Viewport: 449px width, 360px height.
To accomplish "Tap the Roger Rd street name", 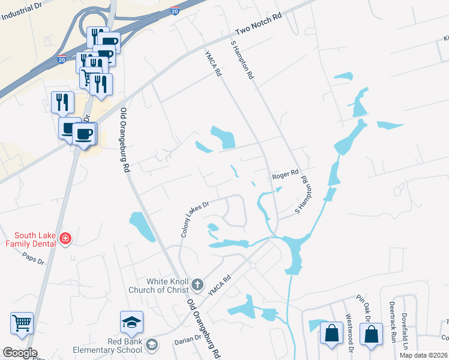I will coord(285,174).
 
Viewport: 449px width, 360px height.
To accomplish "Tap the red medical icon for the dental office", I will coord(65,239).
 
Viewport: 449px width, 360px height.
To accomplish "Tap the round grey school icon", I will coord(152,344).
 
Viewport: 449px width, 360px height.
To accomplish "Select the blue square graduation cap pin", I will coord(131,323).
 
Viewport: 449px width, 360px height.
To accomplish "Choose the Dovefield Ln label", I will coord(405,331).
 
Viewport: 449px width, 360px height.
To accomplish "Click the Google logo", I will coord(19,353).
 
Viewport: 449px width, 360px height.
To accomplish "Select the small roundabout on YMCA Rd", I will coord(253,265).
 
